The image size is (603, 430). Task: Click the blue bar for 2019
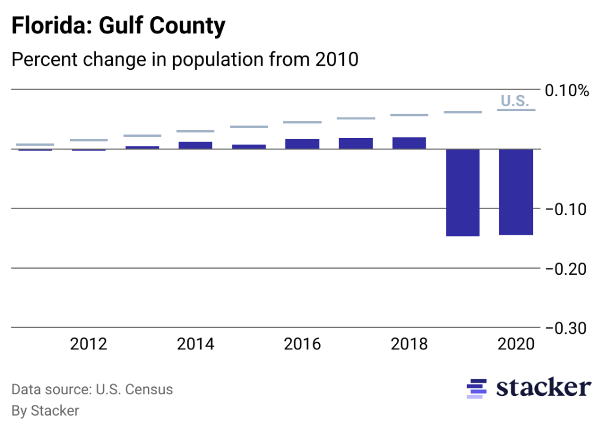463,192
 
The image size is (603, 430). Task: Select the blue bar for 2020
516,192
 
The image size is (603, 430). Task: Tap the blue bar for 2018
409,143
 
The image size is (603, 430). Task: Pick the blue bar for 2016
302,143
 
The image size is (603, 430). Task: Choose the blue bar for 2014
195,145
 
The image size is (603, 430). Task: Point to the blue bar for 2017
356,143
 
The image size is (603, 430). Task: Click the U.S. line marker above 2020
516,110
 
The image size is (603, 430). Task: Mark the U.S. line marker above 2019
463,112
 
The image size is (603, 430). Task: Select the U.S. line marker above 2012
88,140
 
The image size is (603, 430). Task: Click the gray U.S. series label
515,100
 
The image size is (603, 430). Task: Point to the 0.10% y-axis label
567,91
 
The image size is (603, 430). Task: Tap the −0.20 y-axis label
567,269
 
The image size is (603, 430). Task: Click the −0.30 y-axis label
567,328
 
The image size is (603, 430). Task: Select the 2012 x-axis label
88,345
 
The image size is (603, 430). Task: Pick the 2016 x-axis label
302,345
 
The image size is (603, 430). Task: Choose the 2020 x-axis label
516,345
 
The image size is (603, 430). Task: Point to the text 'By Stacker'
45,410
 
